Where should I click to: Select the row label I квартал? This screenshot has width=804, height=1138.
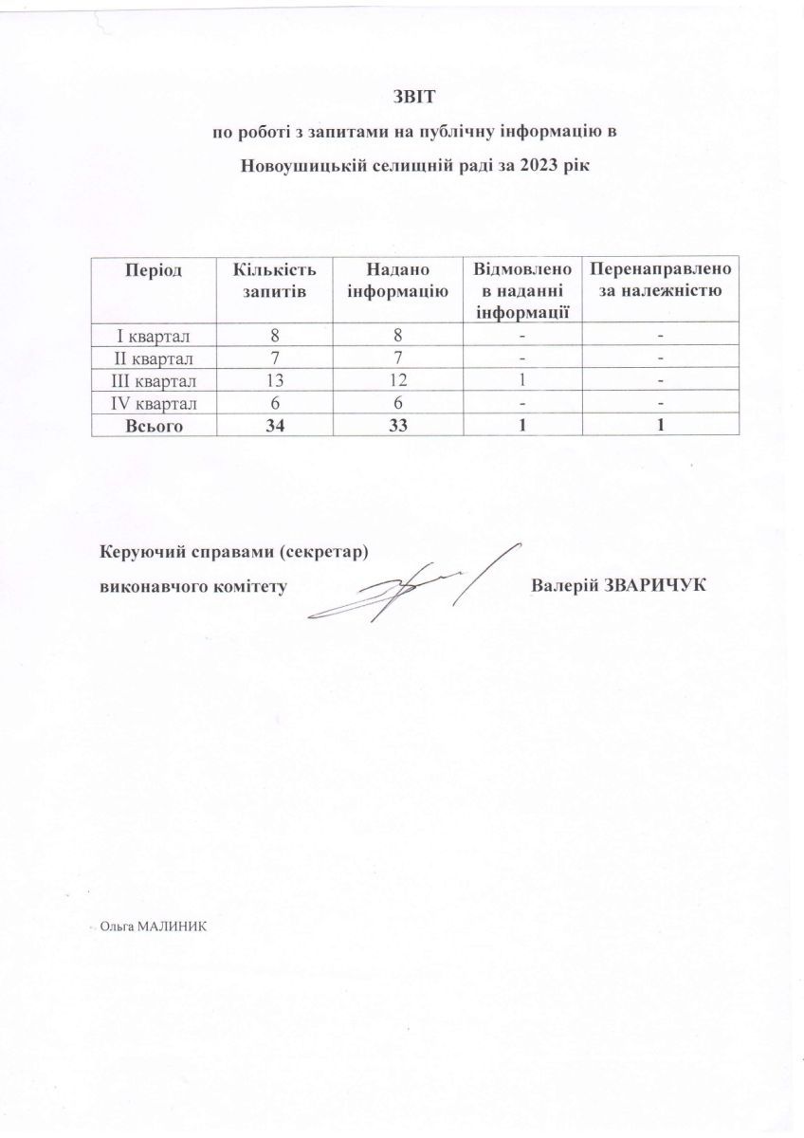(152, 336)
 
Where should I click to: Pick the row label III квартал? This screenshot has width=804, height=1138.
(152, 381)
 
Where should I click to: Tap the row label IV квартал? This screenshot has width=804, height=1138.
(152, 403)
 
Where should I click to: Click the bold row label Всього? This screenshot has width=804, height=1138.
(152, 426)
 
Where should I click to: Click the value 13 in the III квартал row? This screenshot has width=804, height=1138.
(274, 381)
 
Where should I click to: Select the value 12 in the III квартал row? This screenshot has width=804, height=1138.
(397, 381)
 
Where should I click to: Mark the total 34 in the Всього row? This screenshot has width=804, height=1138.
(274, 426)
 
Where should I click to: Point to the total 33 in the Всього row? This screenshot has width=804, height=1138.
(397, 426)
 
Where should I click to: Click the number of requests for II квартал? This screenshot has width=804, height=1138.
(274, 358)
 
